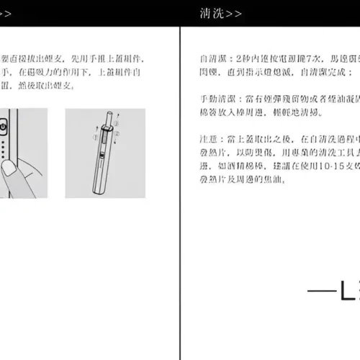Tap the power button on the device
4,127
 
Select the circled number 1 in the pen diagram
95,136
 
